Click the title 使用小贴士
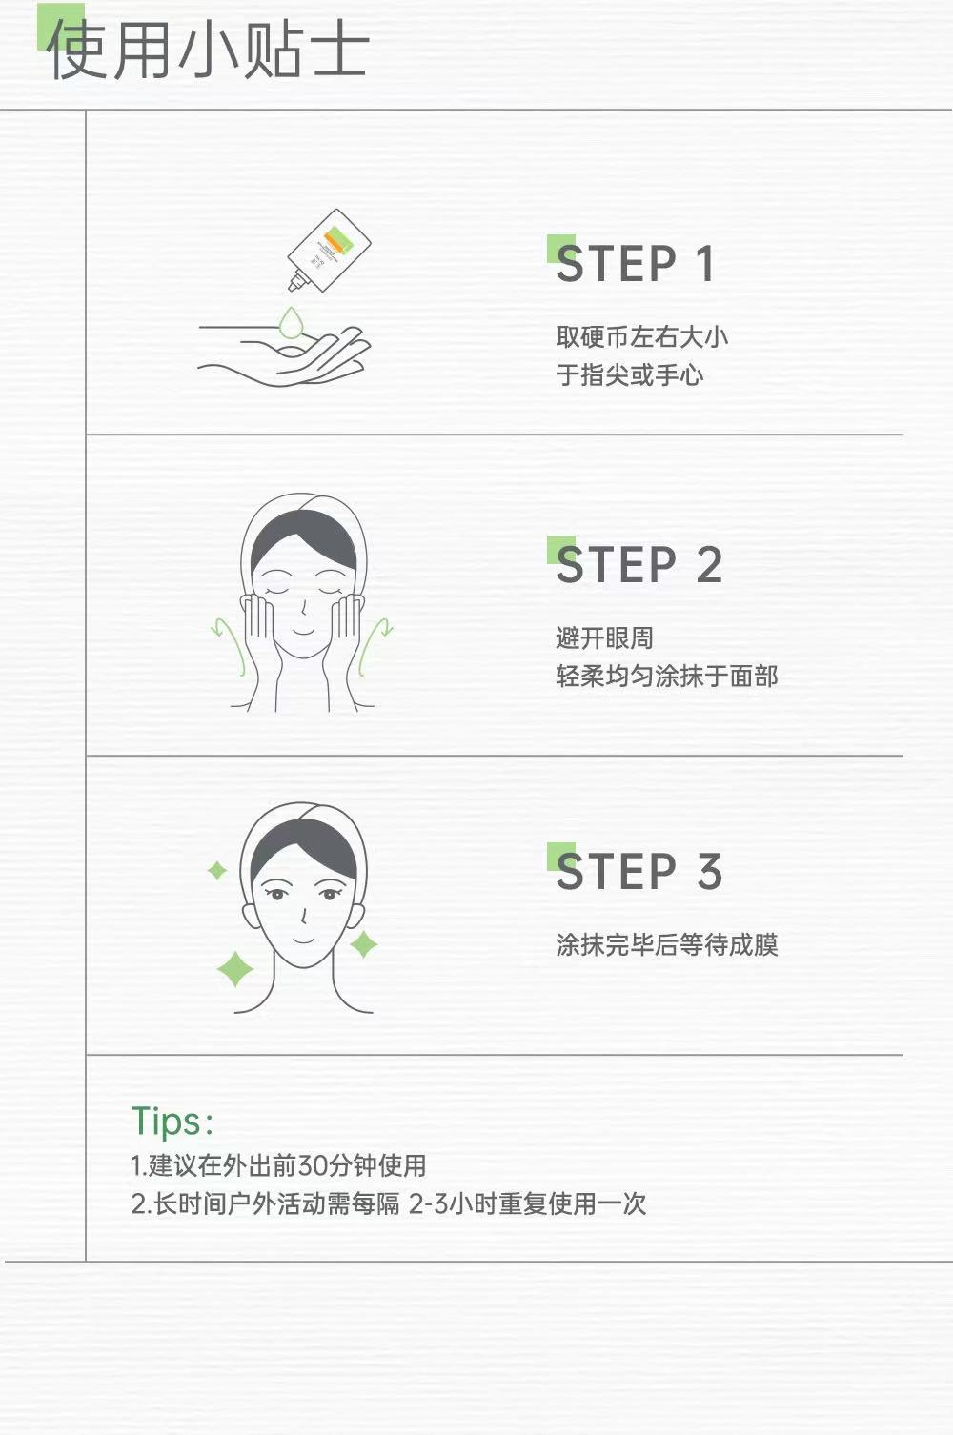click(x=208, y=50)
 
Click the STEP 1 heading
click(x=635, y=263)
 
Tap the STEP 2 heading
click(x=639, y=564)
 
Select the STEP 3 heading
click(x=639, y=871)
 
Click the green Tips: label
click(x=172, y=1122)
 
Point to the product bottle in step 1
click(x=328, y=249)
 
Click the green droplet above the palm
click(x=291, y=322)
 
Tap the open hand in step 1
click(x=284, y=355)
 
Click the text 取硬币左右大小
click(x=641, y=337)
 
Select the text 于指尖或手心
click(x=629, y=374)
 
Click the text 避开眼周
click(x=604, y=638)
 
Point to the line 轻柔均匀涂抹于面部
click(x=666, y=676)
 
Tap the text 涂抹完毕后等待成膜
click(x=666, y=944)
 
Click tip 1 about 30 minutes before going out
click(x=278, y=1165)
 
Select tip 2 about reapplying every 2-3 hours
click(x=389, y=1203)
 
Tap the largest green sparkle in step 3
click(x=235, y=969)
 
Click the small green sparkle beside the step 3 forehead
click(x=217, y=871)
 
